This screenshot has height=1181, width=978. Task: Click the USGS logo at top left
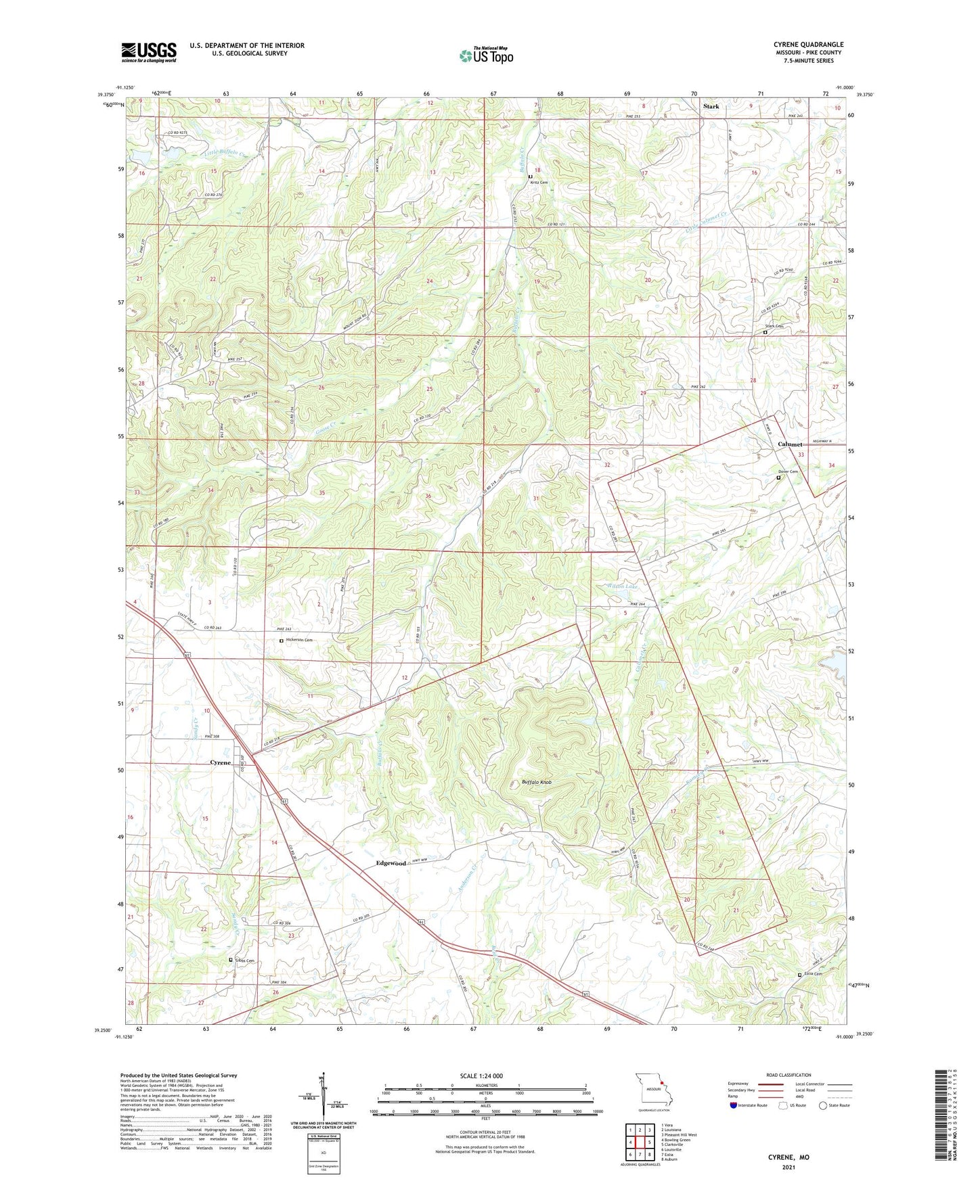(149, 51)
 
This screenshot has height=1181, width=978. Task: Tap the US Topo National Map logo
(486, 55)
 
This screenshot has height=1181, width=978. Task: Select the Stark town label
(711, 106)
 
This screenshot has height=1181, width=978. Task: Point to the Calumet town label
(789, 444)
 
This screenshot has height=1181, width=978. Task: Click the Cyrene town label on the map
(220, 762)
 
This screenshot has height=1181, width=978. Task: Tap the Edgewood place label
(391, 863)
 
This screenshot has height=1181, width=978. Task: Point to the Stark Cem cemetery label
(774, 326)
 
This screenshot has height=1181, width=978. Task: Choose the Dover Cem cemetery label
(788, 471)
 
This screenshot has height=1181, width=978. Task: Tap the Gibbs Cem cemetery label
(244, 960)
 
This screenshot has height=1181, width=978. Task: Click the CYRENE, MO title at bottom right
(788, 1157)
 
